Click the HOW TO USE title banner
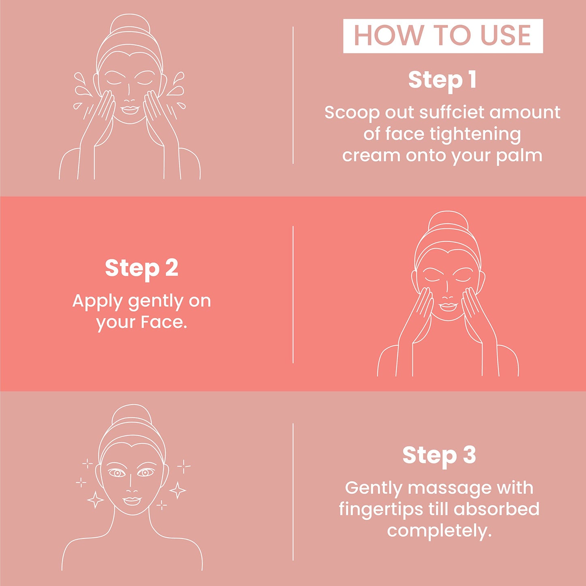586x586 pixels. (x=443, y=36)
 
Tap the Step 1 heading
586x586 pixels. (x=442, y=80)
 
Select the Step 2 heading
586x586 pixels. (x=142, y=269)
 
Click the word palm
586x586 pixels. (x=519, y=156)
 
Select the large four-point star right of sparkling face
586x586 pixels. (x=178, y=490)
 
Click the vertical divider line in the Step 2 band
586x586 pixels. (x=293, y=294)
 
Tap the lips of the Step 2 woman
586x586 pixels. (x=448, y=306)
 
